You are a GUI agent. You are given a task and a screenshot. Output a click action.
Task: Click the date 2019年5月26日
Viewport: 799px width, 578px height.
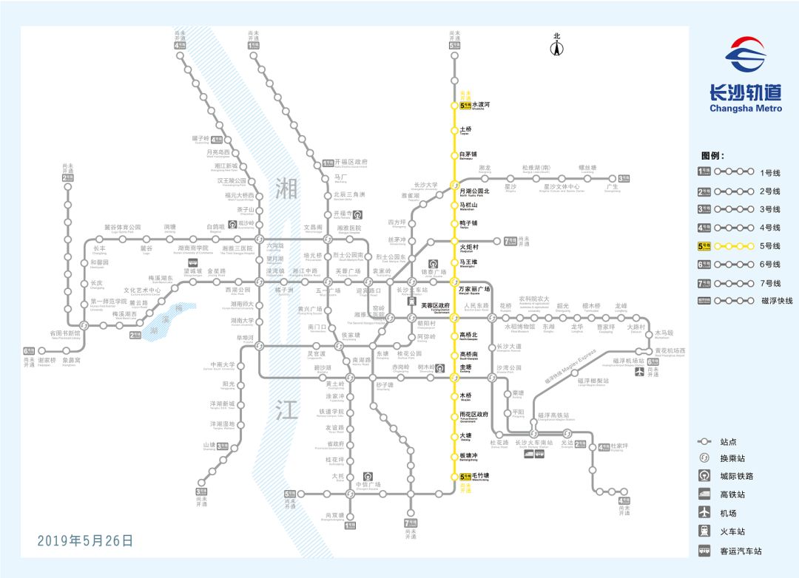coord(85,540)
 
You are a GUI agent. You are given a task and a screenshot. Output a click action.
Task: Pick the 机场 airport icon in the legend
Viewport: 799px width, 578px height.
coord(705,513)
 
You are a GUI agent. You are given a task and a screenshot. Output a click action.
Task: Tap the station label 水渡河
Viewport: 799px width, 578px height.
coord(482,106)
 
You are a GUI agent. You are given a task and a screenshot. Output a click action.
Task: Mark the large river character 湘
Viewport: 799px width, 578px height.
coord(286,188)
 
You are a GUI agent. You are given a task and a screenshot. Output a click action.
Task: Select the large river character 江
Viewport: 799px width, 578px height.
coord(286,410)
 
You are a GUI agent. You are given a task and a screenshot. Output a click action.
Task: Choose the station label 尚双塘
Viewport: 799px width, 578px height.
coord(334,515)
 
